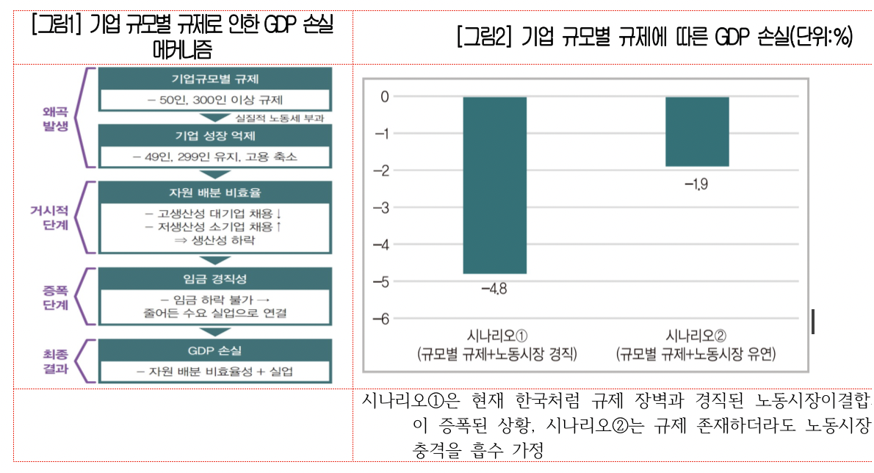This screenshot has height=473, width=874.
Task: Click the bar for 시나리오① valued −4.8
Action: pos(494,185)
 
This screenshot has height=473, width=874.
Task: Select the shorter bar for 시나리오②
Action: pos(696,131)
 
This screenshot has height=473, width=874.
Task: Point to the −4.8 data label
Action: pos(494,288)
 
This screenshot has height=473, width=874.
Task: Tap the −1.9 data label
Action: pos(696,184)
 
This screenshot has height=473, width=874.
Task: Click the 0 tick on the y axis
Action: pos(383,96)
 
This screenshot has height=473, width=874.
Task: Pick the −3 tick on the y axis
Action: pos(380,208)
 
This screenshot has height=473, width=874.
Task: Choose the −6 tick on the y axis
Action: pos(380,319)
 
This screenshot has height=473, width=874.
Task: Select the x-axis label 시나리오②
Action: pos(696,336)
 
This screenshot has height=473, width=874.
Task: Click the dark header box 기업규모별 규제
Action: pos(215,79)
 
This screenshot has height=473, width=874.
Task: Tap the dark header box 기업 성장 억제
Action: pos(215,136)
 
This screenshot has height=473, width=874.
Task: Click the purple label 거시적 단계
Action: pos(55,218)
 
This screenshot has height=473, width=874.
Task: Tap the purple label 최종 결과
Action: pos(55,361)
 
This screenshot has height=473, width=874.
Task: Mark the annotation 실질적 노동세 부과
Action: pos(279,118)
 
